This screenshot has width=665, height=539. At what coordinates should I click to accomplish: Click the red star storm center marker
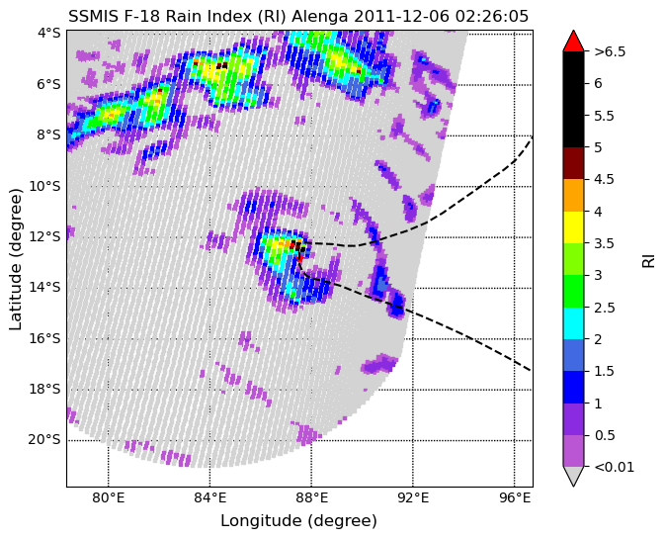pos(299,258)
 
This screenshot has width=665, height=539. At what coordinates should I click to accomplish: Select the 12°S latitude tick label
pos(44,236)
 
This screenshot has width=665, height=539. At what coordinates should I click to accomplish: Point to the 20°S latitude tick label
pos(44,439)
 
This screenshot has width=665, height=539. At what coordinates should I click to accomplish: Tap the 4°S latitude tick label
pos(49,33)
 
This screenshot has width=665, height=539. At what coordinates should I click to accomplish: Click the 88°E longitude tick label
pos(311,497)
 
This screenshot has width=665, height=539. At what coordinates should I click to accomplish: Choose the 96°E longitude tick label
pos(514,497)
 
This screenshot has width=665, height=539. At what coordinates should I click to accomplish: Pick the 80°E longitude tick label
pos(109,497)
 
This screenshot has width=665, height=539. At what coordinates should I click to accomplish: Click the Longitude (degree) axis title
pos(298,521)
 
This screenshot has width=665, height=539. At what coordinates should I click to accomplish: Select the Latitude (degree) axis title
pos(15,259)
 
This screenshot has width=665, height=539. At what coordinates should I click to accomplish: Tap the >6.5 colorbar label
pos(610,51)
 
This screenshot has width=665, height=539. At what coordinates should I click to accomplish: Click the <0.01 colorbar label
pos(614,467)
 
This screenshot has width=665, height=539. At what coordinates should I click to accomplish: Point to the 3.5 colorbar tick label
pos(604,243)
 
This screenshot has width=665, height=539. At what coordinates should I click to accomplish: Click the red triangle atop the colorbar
pos(573,41)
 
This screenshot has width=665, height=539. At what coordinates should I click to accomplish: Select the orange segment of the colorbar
pos(573,195)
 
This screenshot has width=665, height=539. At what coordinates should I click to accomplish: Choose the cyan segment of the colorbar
pos(573,323)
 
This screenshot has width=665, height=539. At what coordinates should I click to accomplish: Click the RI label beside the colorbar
pos(649,259)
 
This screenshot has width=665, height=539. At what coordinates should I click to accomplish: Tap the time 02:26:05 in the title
pos(492,17)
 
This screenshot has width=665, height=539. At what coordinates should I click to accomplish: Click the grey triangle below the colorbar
pos(573,477)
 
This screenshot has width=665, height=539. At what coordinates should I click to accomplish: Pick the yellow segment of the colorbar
pos(573,227)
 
